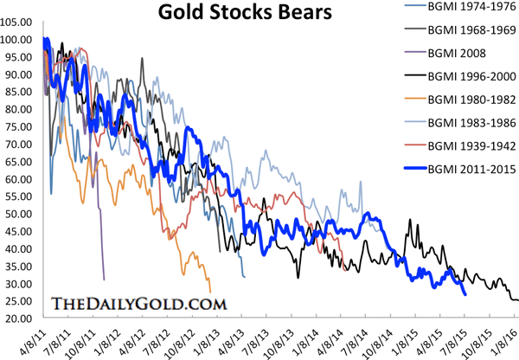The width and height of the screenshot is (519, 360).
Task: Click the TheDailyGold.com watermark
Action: coord(139,304)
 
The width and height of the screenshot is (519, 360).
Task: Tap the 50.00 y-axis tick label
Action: coord(18,214)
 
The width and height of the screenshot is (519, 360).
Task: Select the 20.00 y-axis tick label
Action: coord(18,318)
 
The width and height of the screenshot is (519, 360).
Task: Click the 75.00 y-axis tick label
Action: coord(18,126)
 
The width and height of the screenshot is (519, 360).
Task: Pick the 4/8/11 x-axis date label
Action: coord(38,337)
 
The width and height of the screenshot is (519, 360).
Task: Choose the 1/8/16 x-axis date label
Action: coord(508,337)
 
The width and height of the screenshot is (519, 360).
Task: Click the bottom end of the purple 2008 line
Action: coord(104,280)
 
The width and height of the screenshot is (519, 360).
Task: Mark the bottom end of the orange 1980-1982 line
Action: coord(210,292)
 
